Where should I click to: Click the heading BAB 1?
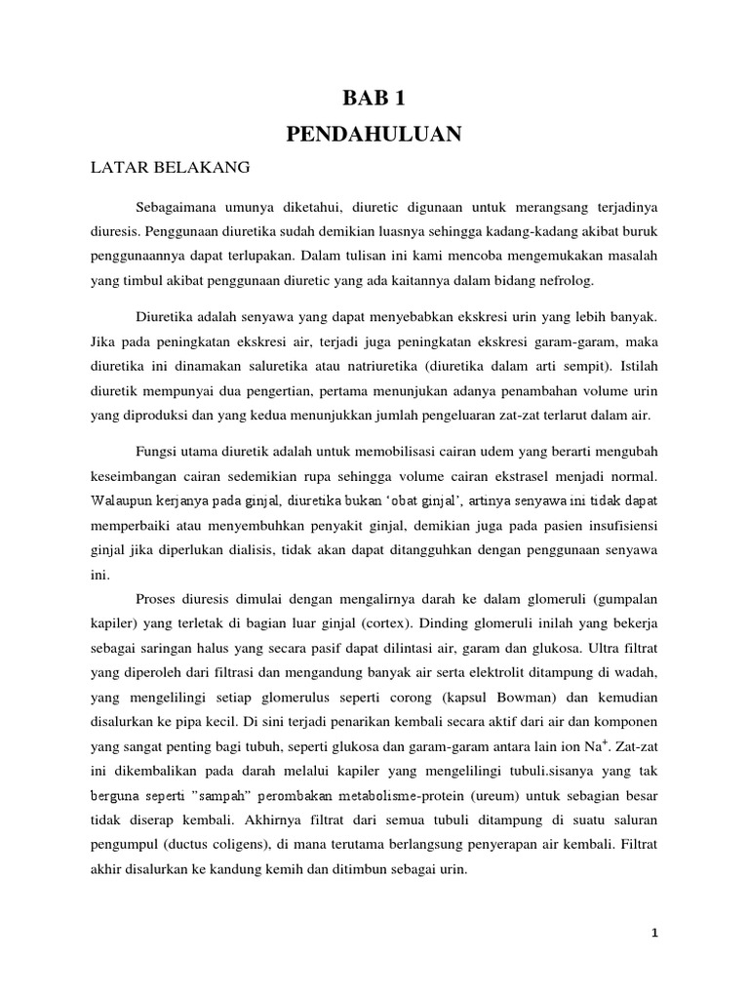pos(374,98)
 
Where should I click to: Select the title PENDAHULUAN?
pos(374,135)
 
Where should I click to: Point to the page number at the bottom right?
pos(656,934)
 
